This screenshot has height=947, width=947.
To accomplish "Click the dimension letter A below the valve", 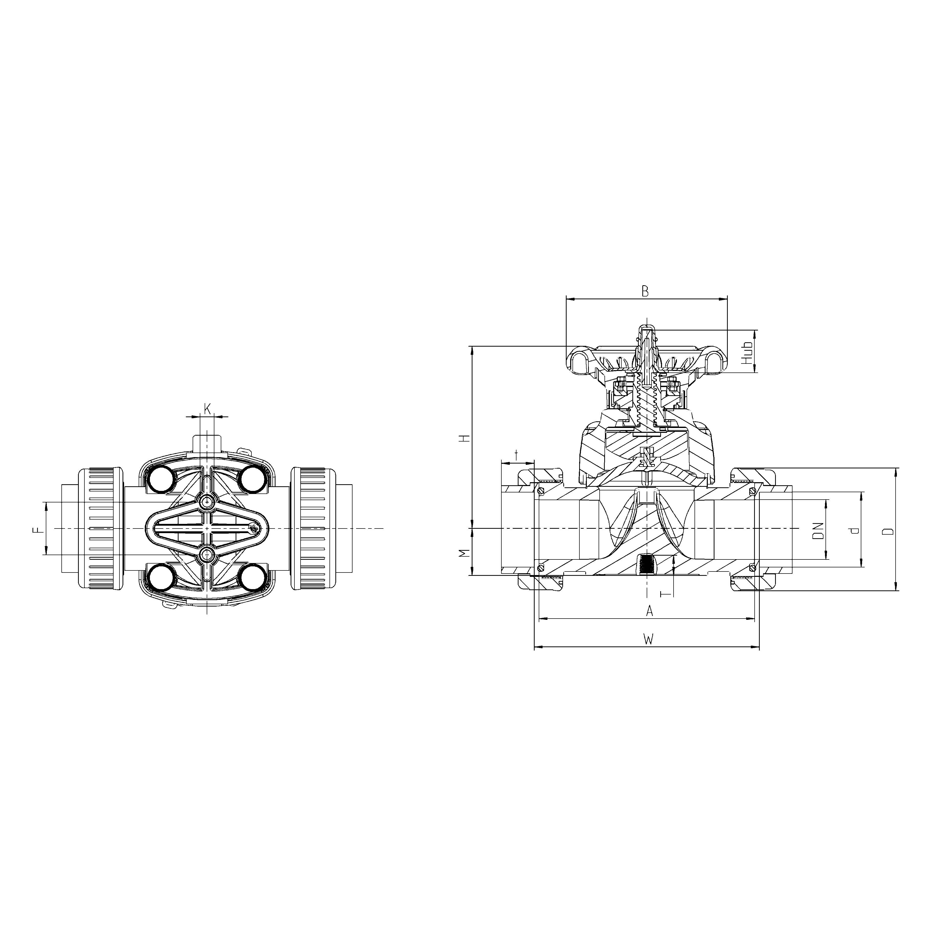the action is click(649, 611).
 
